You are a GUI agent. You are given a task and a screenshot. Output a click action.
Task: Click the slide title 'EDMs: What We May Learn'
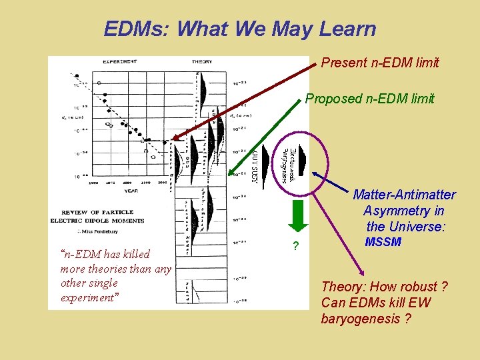pos(240,29)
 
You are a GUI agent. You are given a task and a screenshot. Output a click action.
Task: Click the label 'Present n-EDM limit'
pos(380,63)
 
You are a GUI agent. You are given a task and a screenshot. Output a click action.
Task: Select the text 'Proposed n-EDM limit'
pos(369,99)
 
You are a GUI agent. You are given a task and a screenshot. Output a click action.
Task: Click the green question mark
pos(295,247)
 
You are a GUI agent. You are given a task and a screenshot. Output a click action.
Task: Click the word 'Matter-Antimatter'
pos(404,195)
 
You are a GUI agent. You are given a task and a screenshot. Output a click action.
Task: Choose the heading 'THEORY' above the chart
pos(202,61)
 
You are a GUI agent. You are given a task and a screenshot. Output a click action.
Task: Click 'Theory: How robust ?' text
pos(384,287)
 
